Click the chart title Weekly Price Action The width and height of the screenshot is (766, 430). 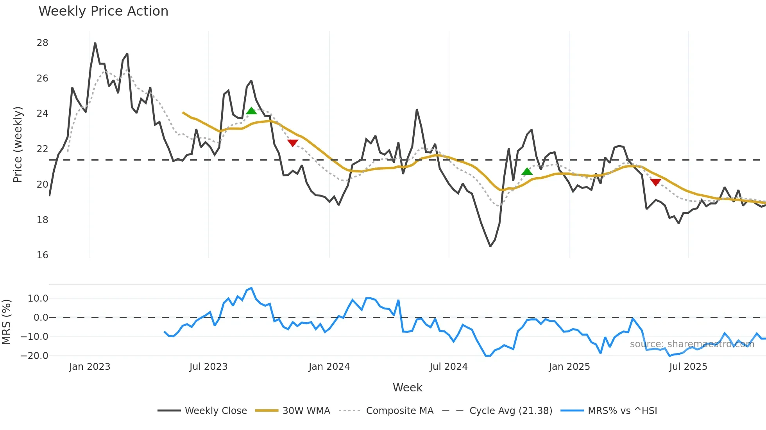(x=103, y=11)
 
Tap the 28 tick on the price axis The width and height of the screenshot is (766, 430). (x=42, y=43)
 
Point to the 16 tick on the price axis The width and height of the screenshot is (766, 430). (x=42, y=255)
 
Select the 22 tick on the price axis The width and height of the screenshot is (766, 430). (x=42, y=149)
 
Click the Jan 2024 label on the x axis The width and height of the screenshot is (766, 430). (x=329, y=367)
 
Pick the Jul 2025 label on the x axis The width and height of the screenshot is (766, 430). (x=688, y=367)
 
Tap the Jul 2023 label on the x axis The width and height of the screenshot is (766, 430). (x=208, y=367)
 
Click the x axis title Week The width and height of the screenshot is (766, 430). (x=407, y=387)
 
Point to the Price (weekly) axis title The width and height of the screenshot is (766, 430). (x=18, y=144)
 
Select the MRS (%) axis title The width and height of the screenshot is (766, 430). (x=6, y=322)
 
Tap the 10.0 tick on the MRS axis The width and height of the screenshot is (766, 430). (x=38, y=299)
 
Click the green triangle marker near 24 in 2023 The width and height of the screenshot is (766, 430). (x=251, y=111)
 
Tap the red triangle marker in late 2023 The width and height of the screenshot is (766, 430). (x=293, y=143)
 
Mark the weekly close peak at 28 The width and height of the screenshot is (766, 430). (x=95, y=43)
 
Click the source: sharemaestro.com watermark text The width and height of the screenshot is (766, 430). (x=692, y=344)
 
